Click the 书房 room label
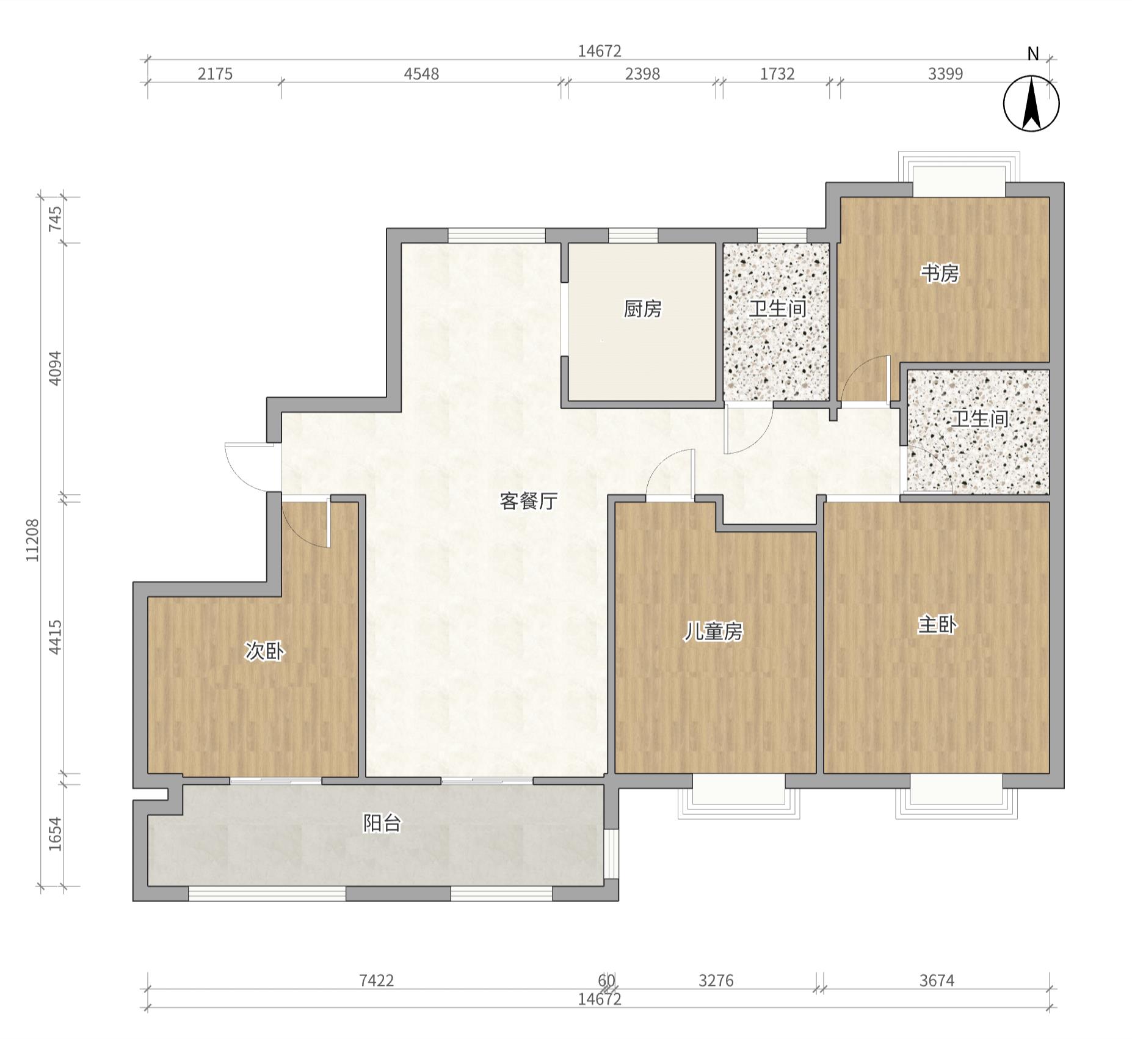pyautogui.click(x=940, y=273)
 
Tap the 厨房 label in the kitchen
pyautogui.click(x=642, y=309)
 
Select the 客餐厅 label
pyautogui.click(x=529, y=501)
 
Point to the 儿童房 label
pyautogui.click(x=713, y=632)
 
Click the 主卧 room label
pyautogui.click(x=937, y=625)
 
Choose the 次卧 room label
pyautogui.click(x=264, y=651)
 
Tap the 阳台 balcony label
pyautogui.click(x=382, y=823)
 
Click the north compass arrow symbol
pyautogui.click(x=1031, y=103)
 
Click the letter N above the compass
pyautogui.click(x=1033, y=54)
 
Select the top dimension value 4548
pyautogui.click(x=421, y=74)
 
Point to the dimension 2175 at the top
pyautogui.click(x=215, y=74)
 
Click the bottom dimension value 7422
pyautogui.click(x=376, y=980)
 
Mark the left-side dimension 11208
pyautogui.click(x=32, y=540)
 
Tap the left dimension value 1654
pyautogui.click(x=55, y=834)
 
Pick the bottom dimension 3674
pyautogui.click(x=937, y=980)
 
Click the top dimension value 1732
pyautogui.click(x=777, y=74)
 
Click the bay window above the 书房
pyautogui.click(x=959, y=174)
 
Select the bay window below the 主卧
pyautogui.click(x=956, y=797)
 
